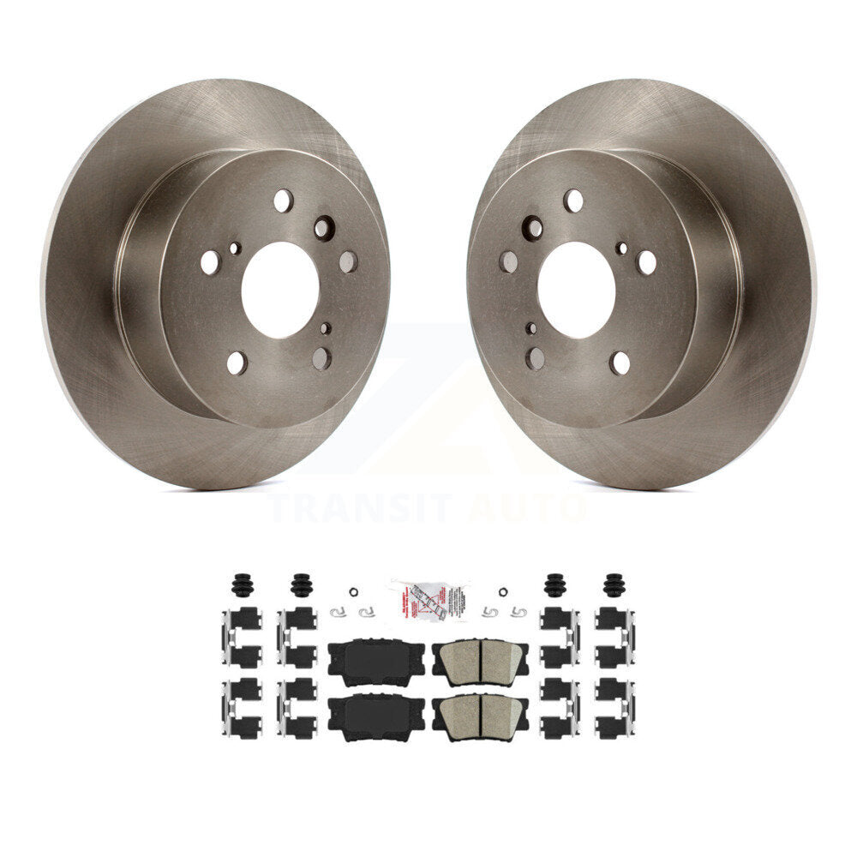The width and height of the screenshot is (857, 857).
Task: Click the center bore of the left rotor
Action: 280,290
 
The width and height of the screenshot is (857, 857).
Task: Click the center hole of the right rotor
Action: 576,290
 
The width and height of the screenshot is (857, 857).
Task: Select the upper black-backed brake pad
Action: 375,657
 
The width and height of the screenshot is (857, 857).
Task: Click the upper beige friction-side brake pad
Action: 480,657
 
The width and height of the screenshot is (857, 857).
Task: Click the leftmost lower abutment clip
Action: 241,707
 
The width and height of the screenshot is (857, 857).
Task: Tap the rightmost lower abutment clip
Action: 614,707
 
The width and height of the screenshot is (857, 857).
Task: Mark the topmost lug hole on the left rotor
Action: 283,201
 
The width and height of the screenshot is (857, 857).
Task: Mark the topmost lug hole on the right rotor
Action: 573,201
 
